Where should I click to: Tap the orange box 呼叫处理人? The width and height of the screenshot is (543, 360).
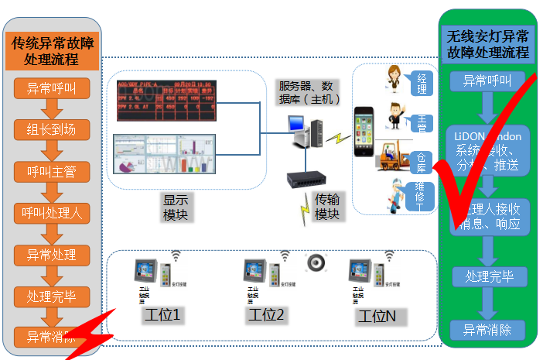(52, 213)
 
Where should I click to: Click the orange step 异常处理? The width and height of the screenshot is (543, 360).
(52, 255)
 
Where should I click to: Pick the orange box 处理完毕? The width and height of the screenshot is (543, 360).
(52, 296)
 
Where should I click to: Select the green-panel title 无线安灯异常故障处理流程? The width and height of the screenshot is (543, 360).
(488, 44)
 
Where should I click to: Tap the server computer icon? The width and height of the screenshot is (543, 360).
(301, 131)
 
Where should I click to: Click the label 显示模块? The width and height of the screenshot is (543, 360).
(175, 207)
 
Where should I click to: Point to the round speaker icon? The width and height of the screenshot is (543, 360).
(316, 263)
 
